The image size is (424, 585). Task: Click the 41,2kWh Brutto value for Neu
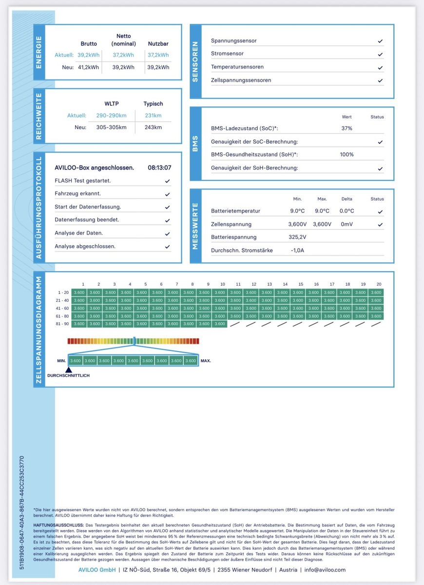(x=88, y=67)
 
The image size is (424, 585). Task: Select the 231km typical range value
(x=153, y=116)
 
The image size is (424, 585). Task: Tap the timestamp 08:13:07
(x=159, y=168)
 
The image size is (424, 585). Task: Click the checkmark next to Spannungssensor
(x=380, y=41)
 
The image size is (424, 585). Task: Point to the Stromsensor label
(x=227, y=54)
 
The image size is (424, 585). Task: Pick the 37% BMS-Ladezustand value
(x=347, y=128)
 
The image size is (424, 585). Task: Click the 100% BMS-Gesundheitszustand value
(x=347, y=155)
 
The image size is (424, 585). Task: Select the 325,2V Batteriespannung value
(x=297, y=237)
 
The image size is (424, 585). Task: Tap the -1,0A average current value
(x=297, y=251)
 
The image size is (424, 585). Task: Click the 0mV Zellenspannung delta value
(x=347, y=224)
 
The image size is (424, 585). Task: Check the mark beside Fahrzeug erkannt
(x=167, y=194)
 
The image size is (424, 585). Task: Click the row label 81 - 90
(x=62, y=324)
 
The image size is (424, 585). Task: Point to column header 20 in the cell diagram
(x=379, y=284)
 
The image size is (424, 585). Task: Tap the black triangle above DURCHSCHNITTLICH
(x=69, y=370)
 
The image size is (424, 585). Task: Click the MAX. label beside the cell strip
(x=206, y=361)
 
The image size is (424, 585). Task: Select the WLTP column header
(x=111, y=104)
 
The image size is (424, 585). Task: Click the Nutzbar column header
(x=158, y=44)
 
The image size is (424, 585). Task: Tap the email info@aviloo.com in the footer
(x=326, y=570)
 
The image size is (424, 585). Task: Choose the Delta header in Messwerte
(x=347, y=199)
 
